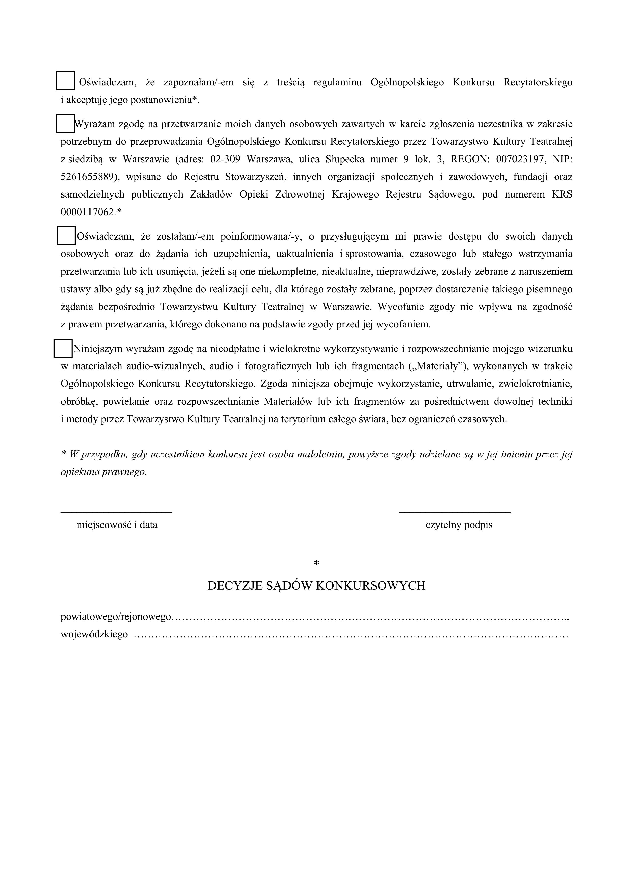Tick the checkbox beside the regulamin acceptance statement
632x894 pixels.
pos(66,81)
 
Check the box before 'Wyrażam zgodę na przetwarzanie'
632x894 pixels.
pos(66,123)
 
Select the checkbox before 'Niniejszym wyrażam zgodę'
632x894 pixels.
pos(63,348)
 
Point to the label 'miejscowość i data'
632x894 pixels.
pos(117,525)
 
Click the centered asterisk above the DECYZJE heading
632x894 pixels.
pos(316,563)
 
